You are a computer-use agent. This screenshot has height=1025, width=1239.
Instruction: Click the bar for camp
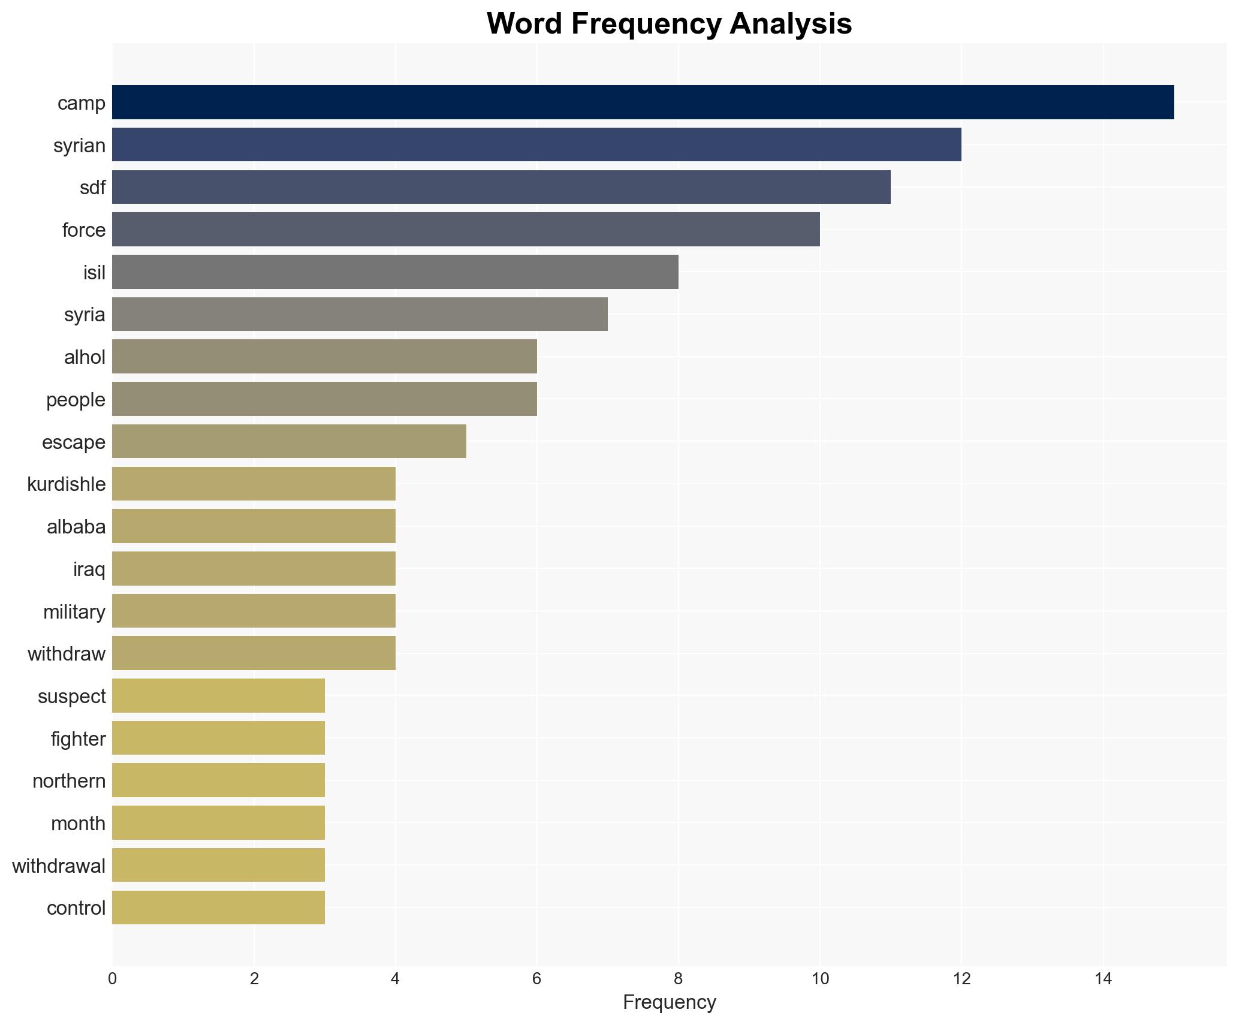pyautogui.click(x=643, y=103)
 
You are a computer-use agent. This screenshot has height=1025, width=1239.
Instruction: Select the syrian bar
pyautogui.click(x=536, y=144)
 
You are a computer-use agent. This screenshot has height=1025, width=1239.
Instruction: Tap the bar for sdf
pyautogui.click(x=501, y=187)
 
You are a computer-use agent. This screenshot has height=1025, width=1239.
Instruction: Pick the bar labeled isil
pyautogui.click(x=395, y=272)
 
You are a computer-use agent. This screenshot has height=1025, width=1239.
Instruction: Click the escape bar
pyautogui.click(x=289, y=441)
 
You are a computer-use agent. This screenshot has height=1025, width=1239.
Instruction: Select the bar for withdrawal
pyautogui.click(x=218, y=865)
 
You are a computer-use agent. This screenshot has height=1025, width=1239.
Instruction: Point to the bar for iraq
pyautogui.click(x=254, y=568)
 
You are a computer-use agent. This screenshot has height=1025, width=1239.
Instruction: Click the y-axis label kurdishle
pyautogui.click(x=67, y=484)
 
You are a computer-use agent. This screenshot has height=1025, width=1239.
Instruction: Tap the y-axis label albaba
pyautogui.click(x=76, y=527)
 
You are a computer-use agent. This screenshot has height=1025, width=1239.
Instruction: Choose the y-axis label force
pyautogui.click(x=84, y=230)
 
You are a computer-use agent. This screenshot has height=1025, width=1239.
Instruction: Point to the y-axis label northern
pyautogui.click(x=69, y=781)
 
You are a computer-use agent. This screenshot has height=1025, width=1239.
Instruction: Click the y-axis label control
pyautogui.click(x=76, y=908)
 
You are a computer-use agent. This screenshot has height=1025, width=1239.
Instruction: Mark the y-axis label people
pyautogui.click(x=76, y=400)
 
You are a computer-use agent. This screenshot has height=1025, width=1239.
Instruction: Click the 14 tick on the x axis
pyautogui.click(x=1103, y=979)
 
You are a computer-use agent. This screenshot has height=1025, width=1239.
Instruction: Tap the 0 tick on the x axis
pyautogui.click(x=113, y=979)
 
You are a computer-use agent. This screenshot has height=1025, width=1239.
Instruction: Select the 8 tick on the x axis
pyautogui.click(x=679, y=979)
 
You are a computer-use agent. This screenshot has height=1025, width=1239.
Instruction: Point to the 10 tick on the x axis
pyautogui.click(x=820, y=979)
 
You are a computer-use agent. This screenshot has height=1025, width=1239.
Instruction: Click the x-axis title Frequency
pyautogui.click(x=669, y=1002)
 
